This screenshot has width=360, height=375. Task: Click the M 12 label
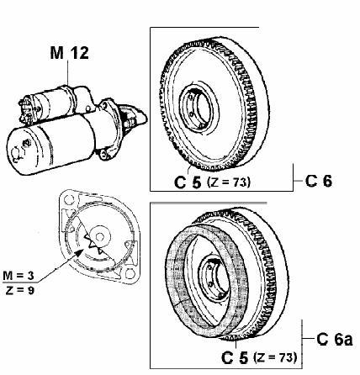[69, 53]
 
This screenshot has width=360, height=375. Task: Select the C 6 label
[318, 181]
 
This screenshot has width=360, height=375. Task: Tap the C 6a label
[334, 339]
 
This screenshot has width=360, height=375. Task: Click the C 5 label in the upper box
[188, 182]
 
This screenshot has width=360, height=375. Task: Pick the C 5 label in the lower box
[235, 357]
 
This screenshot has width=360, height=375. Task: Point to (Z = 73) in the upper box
[228, 182]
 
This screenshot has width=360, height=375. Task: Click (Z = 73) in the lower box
[275, 357]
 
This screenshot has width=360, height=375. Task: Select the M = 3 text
[19, 276]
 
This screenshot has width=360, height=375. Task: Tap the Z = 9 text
[19, 290]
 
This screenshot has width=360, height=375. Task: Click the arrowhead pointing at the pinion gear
[79, 252]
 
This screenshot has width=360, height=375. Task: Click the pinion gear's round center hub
[99, 237]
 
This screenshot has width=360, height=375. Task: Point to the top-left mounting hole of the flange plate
[68, 200]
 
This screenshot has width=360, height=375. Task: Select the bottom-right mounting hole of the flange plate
[130, 273]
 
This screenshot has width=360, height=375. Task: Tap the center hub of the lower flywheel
[214, 278]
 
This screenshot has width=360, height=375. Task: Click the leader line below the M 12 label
[68, 73]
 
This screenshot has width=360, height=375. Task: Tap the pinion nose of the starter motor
[134, 115]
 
